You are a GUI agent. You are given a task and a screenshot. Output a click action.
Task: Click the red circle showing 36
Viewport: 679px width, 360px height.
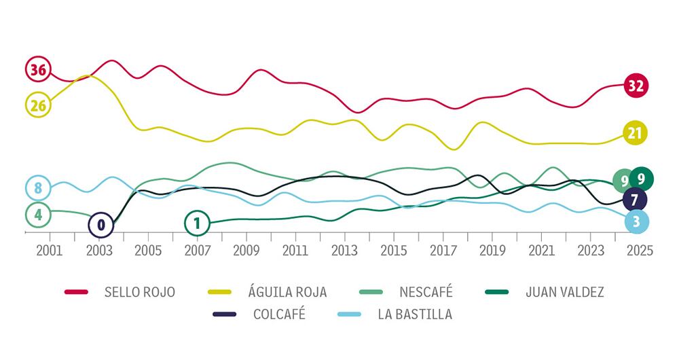38,69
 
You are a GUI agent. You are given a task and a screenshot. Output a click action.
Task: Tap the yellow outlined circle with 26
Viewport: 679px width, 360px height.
38,105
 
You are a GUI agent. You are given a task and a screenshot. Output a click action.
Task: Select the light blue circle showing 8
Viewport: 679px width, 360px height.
38,188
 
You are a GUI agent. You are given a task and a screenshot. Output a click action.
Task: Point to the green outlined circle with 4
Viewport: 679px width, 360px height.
38,215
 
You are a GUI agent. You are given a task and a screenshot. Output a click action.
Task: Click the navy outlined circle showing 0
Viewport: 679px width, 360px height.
101,223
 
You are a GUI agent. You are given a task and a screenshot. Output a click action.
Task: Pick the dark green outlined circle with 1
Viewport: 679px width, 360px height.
197,222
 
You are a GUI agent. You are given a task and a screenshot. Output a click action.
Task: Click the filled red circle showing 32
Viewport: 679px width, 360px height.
636,86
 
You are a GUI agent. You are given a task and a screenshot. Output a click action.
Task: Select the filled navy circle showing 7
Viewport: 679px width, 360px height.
634,200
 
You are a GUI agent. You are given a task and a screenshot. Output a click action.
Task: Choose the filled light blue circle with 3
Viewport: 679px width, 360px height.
636,221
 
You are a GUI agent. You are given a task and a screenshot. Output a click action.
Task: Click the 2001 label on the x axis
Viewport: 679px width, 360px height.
50,251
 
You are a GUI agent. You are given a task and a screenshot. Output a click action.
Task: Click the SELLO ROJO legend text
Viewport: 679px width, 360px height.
140,293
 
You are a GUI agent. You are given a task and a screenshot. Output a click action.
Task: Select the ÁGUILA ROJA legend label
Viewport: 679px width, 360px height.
287,293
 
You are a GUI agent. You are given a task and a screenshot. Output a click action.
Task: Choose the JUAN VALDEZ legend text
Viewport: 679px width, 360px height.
564,293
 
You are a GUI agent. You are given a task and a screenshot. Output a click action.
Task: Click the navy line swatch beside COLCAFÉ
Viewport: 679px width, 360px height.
225,314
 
